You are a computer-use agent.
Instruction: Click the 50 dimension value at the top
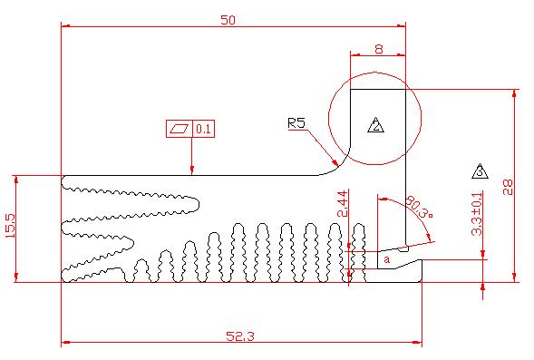pyautogui.click(x=228, y=20)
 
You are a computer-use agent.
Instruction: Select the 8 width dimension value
pyautogui.click(x=379, y=49)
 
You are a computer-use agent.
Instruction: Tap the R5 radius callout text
pyautogui.click(x=296, y=122)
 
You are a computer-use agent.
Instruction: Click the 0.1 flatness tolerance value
pyautogui.click(x=204, y=129)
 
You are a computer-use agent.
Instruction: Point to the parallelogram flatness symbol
pyautogui.click(x=180, y=129)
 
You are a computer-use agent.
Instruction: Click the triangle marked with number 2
pyautogui.click(x=376, y=125)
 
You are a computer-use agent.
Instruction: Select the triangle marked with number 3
pyautogui.click(x=480, y=171)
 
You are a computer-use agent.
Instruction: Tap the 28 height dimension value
pyautogui.click(x=508, y=187)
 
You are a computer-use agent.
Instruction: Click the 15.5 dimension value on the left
pyautogui.click(x=11, y=226)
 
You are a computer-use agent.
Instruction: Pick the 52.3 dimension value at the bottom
pyautogui.click(x=240, y=336)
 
